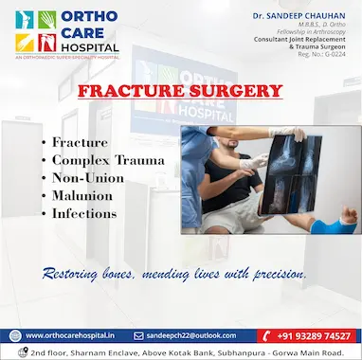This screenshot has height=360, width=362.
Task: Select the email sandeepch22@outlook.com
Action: point(197,334)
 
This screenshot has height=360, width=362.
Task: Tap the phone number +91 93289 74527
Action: point(315,334)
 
